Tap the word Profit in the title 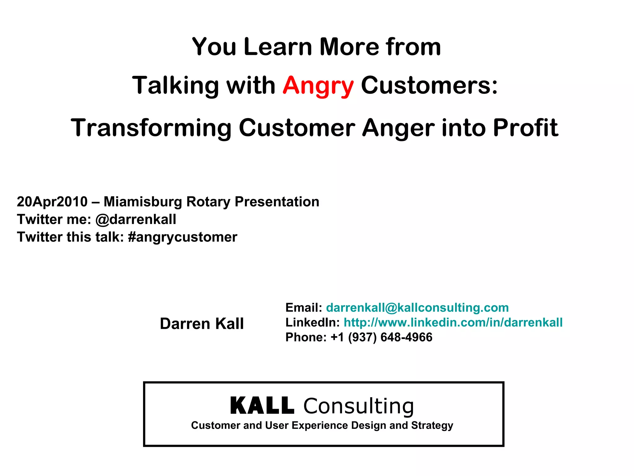tap(525, 128)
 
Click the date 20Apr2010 tap(52, 202)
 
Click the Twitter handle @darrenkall tap(136, 219)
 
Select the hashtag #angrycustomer tap(182, 237)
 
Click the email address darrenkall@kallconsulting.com tap(417, 308)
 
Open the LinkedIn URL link tap(453, 323)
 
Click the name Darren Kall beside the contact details tap(202, 324)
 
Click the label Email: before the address tap(304, 308)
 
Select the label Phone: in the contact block tap(306, 337)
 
